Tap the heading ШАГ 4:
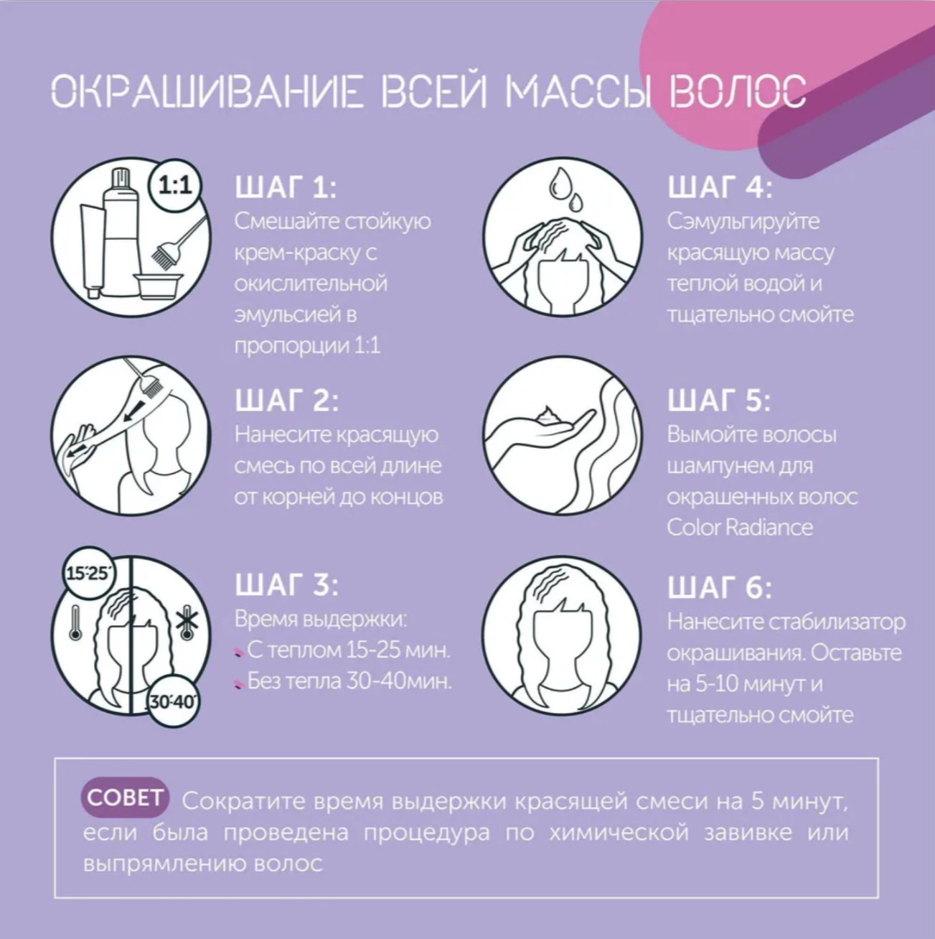(720, 187)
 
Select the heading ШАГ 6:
(720, 588)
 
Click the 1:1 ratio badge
(175, 186)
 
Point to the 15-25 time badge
(88, 574)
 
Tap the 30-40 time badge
(173, 701)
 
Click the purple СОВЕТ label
(124, 798)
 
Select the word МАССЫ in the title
(578, 92)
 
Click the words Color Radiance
(740, 528)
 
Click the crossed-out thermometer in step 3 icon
(184, 623)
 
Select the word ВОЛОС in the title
(736, 92)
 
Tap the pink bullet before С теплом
(238, 653)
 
